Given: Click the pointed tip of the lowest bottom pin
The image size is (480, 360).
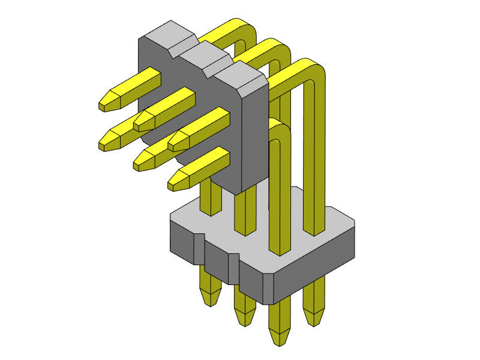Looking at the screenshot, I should [x=278, y=341].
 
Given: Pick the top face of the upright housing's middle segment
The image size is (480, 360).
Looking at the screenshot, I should [x=204, y=54].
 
